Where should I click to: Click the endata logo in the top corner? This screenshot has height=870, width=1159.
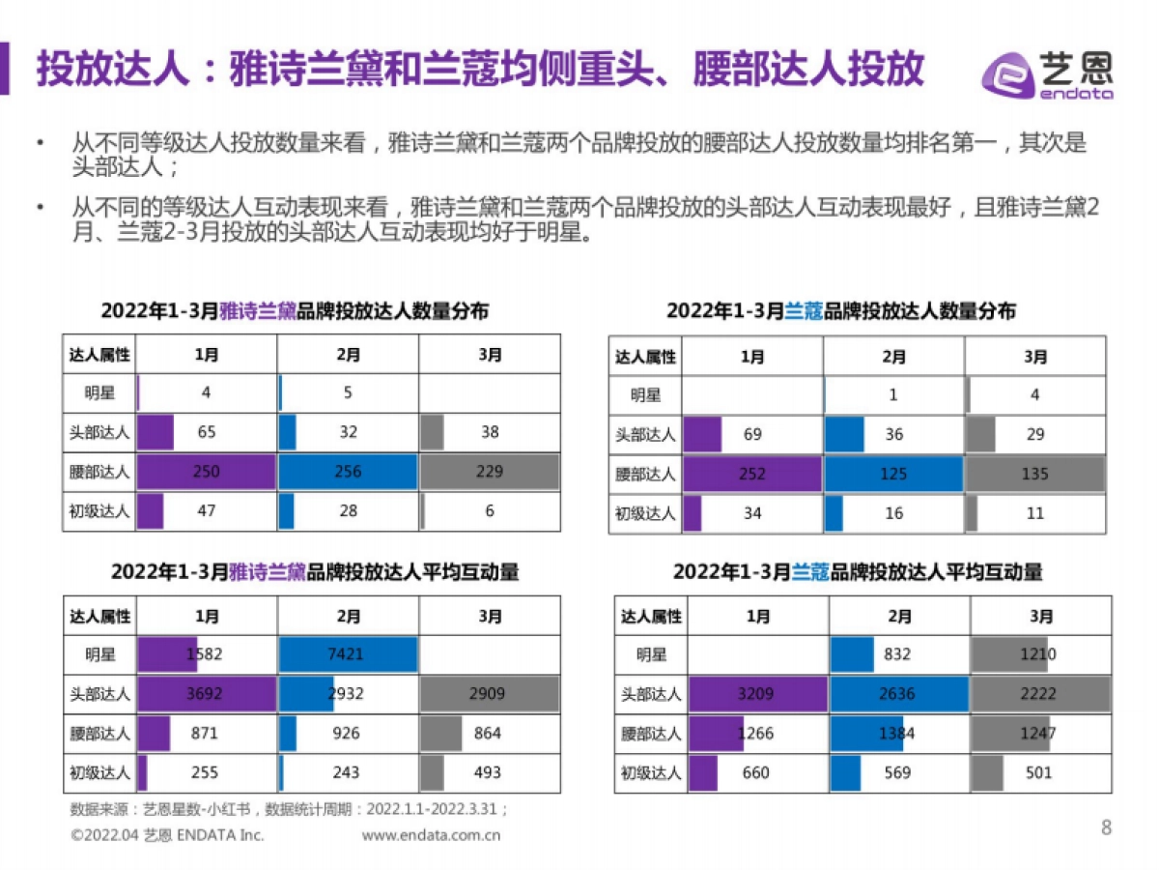pyautogui.click(x=1047, y=73)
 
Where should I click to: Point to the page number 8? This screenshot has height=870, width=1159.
pyautogui.click(x=1106, y=827)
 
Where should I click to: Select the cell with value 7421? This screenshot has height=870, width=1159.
pyautogui.click(x=348, y=654)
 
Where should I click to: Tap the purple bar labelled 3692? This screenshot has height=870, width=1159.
pyautogui.click(x=207, y=694)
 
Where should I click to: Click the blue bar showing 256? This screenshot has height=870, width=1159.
pyautogui.click(x=348, y=472)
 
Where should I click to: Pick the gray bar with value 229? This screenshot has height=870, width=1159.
pyautogui.click(x=490, y=472)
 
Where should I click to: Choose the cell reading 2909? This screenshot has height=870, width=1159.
pyautogui.click(x=490, y=694)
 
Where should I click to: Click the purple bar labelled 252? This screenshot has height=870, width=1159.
pyautogui.click(x=752, y=475)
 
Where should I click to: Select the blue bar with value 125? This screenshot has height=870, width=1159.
pyautogui.click(x=893, y=475)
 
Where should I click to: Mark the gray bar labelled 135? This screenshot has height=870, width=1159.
pyautogui.click(x=1035, y=475)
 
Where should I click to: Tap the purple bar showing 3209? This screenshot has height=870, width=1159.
pyautogui.click(x=758, y=694)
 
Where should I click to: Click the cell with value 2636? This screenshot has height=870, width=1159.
pyautogui.click(x=899, y=694)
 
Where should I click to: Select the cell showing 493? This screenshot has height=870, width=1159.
pyautogui.click(x=490, y=772)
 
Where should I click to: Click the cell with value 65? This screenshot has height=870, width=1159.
pyautogui.click(x=207, y=432)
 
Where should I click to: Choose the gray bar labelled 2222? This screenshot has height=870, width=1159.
pyautogui.click(x=1040, y=694)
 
